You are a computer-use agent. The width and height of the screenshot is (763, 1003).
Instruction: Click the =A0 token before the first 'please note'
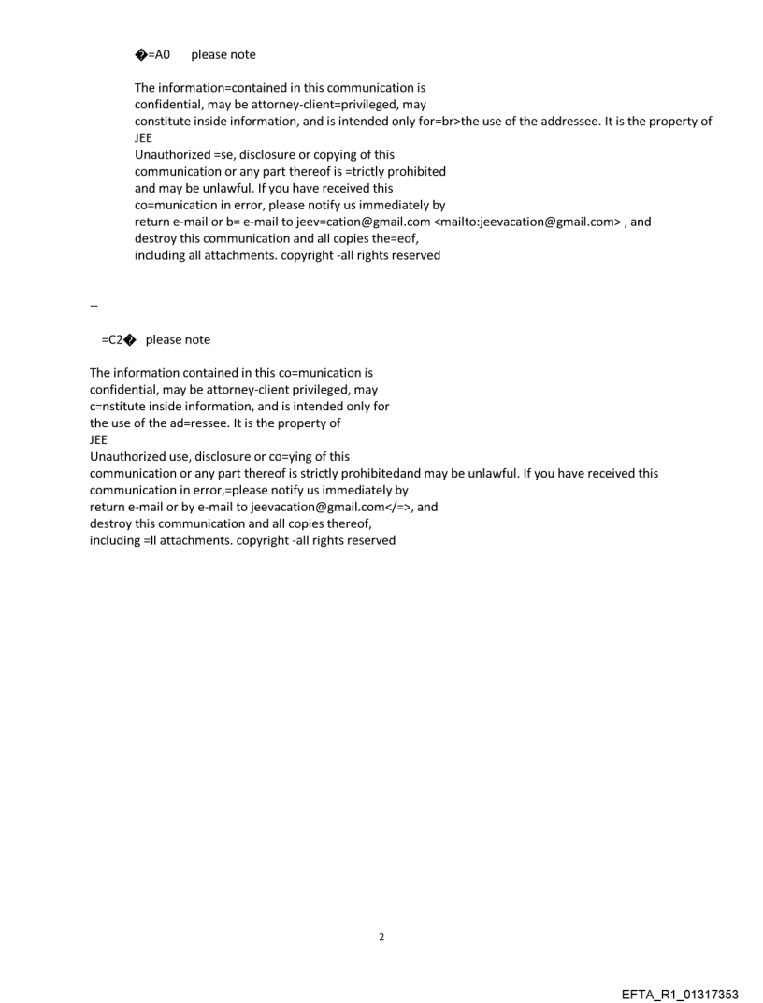(158, 55)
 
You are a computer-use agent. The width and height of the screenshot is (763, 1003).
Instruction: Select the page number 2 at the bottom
(381, 937)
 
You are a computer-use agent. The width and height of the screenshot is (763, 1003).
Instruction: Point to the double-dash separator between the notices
(93, 306)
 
